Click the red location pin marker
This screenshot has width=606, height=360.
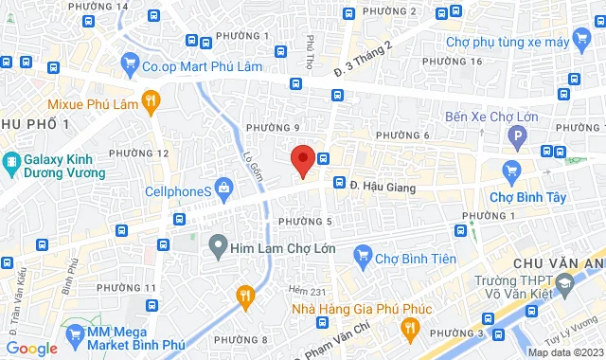coord(302,158)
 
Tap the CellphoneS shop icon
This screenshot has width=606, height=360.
coord(224,189)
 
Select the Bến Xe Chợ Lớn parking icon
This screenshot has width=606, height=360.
coord(517,139)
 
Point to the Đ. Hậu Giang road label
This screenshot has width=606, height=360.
coord(383,188)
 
